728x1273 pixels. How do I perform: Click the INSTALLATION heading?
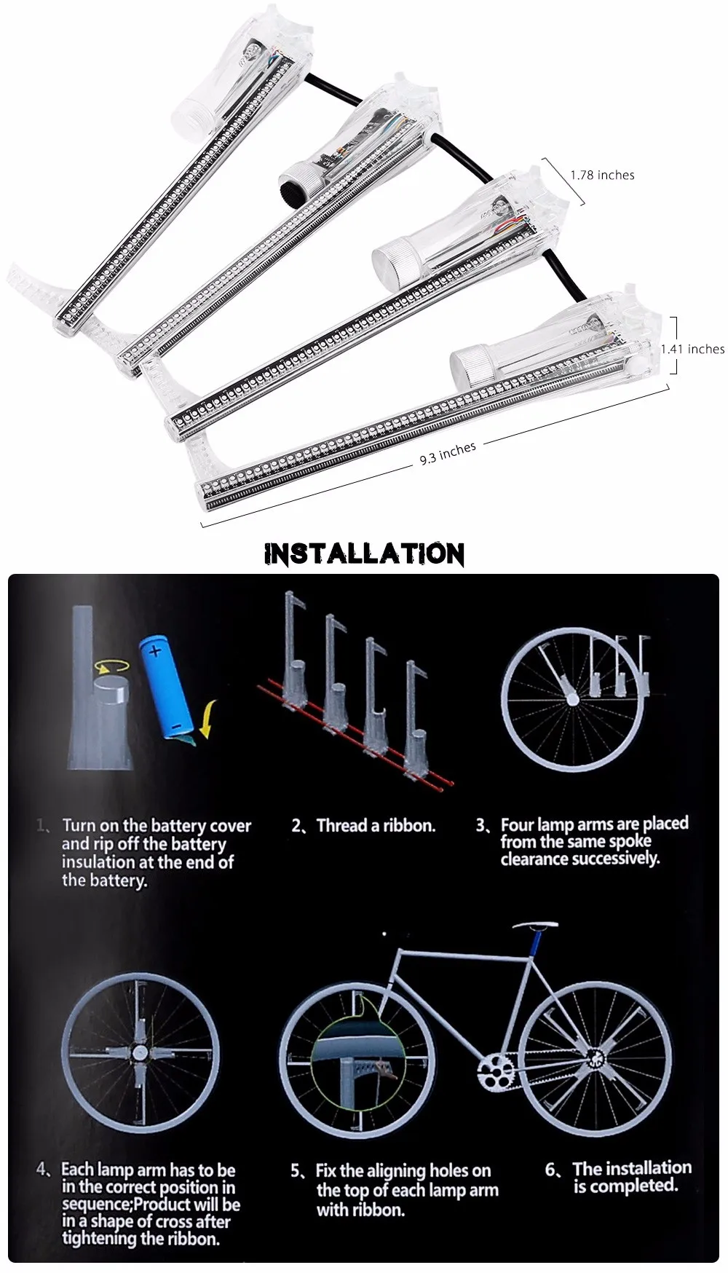pyautogui.click(x=364, y=554)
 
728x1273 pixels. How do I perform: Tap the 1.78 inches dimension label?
pyautogui.click(x=602, y=176)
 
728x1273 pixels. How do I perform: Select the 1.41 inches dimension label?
pyautogui.click(x=692, y=350)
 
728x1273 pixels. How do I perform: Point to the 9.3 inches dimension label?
pyautogui.click(x=447, y=454)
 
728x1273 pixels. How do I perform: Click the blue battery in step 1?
pyautogui.click(x=165, y=684)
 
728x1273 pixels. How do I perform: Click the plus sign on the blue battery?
pyautogui.click(x=155, y=650)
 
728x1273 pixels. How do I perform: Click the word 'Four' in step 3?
pyautogui.click(x=518, y=825)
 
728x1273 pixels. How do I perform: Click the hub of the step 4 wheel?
pyautogui.click(x=138, y=1053)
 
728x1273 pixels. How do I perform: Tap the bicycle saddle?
pyautogui.click(x=534, y=926)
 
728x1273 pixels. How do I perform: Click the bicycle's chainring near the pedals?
pyautogui.click(x=496, y=1072)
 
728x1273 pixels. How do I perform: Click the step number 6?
pyautogui.click(x=551, y=1170)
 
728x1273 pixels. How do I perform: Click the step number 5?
pyautogui.click(x=296, y=1171)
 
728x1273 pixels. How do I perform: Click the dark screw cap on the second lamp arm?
pyautogui.click(x=296, y=176)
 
